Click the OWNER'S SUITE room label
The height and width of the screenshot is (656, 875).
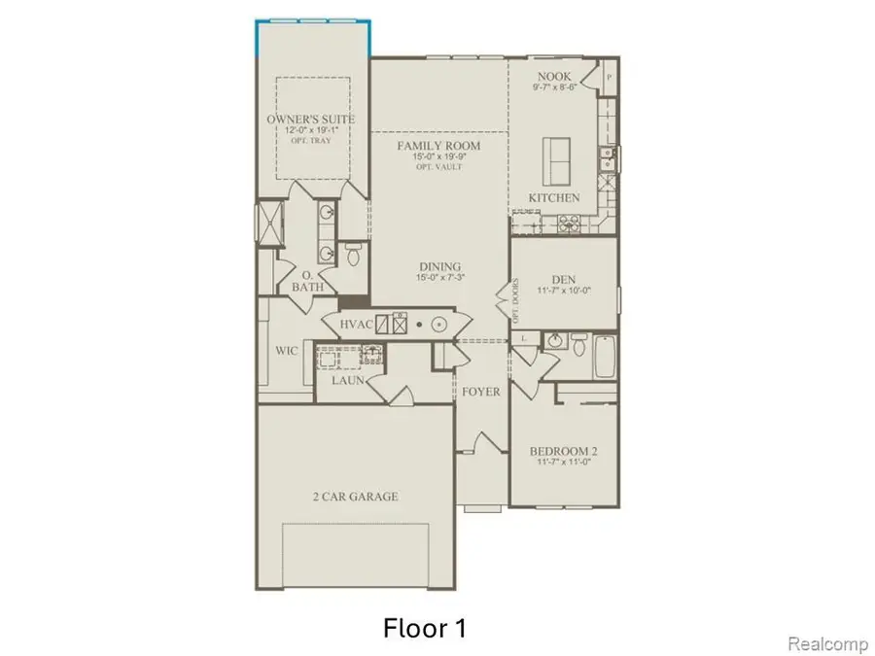(x=310, y=120)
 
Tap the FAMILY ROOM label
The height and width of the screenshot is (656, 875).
(x=437, y=146)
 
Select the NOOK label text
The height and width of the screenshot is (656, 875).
(x=553, y=76)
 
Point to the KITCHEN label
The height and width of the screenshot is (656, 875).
(x=554, y=198)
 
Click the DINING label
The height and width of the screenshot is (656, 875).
(x=440, y=267)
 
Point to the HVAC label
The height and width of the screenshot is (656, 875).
(x=356, y=325)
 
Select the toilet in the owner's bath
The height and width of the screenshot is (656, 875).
(x=352, y=255)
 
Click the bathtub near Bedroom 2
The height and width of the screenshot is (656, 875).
(x=605, y=358)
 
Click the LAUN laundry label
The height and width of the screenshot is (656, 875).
(x=347, y=381)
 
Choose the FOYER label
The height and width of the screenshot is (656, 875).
(x=480, y=392)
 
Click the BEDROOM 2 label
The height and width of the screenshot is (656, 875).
(x=563, y=451)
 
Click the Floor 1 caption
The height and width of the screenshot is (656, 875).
(x=425, y=629)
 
